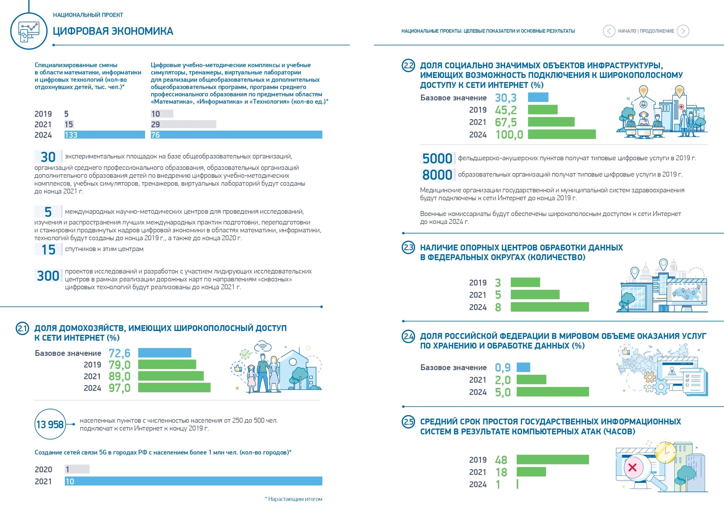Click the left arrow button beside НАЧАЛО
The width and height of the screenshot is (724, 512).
tap(609, 31)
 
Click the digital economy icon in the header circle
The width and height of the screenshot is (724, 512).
tap(28, 31)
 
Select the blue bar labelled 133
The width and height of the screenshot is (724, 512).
tap(104, 135)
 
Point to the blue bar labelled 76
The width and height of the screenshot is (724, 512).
tap(236, 135)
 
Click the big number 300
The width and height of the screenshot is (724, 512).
tap(48, 276)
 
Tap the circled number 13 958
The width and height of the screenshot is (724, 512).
tap(50, 424)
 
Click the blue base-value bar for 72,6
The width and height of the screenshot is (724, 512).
tap(165, 353)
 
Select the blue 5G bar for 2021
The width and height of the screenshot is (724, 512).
tap(193, 481)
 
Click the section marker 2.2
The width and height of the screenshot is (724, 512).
tap(408, 66)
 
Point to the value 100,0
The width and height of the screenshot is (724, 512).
tap(509, 135)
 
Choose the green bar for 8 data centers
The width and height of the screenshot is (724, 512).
tap(549, 307)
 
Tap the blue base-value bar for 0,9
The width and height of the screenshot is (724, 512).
tap(523, 367)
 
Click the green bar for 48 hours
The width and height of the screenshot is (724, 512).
tap(552, 460)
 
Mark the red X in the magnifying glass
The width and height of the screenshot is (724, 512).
tap(632, 468)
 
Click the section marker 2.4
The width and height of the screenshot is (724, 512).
tap(408, 336)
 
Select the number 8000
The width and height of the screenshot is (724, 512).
tap(437, 175)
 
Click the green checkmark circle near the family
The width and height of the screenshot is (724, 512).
tap(245, 354)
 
